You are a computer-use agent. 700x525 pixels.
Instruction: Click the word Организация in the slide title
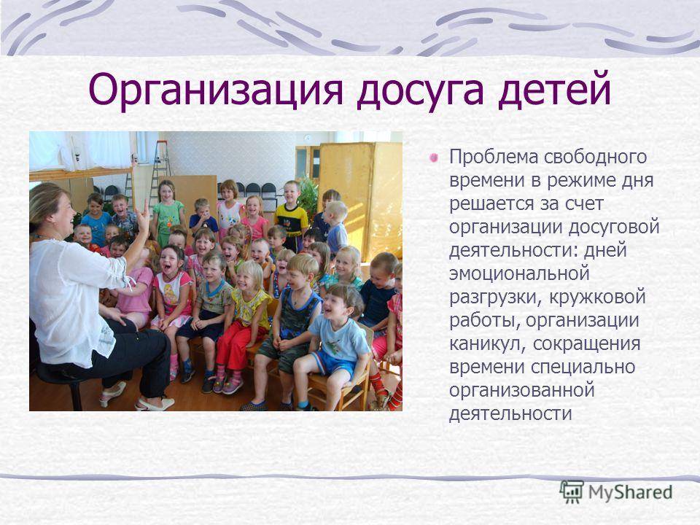click(216, 90)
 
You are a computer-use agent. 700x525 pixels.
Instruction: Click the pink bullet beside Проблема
click(433, 157)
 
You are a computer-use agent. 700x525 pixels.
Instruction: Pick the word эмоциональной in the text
click(519, 273)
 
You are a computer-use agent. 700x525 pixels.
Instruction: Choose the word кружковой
click(597, 297)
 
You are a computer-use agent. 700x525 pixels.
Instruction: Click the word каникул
click(487, 343)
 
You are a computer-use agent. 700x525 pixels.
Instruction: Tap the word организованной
click(521, 391)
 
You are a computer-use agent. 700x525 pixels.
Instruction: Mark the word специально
click(583, 367)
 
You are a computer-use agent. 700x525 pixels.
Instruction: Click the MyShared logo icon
click(572, 491)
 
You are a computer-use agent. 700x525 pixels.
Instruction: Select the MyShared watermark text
click(630, 492)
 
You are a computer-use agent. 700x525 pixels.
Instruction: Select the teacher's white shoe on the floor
click(155, 404)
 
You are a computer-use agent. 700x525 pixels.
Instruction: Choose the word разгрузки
click(496, 297)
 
